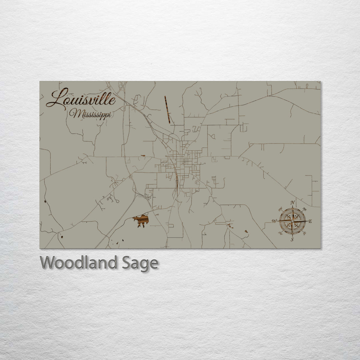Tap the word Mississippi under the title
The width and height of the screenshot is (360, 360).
[90, 115]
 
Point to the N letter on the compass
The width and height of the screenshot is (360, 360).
[292, 203]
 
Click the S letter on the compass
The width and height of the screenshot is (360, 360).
[292, 239]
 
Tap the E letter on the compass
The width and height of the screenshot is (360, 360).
[310, 221]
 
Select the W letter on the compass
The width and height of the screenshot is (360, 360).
[274, 221]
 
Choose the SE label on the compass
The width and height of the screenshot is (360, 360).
[304, 233]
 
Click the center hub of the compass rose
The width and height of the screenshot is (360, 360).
[292, 221]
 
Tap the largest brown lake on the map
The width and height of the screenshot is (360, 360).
[141, 220]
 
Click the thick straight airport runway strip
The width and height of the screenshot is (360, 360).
[167, 110]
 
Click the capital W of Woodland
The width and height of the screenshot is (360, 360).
[48, 263]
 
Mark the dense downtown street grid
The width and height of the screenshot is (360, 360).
[182, 160]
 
